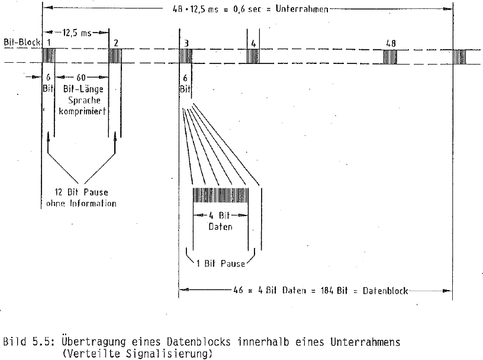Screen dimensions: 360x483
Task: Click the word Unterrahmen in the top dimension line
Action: coord(302,9)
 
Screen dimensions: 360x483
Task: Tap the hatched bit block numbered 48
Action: coord(390,57)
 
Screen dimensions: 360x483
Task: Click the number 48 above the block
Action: coord(390,43)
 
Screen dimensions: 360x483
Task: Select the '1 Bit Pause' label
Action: coord(220,263)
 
